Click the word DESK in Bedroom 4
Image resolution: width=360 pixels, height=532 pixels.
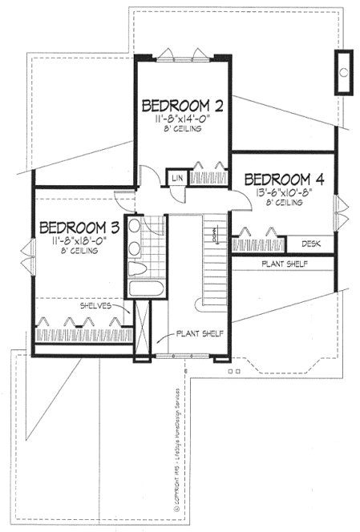[311, 243]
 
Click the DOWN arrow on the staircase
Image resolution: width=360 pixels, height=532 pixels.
[216, 234]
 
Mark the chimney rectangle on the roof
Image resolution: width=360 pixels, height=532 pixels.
[344, 72]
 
